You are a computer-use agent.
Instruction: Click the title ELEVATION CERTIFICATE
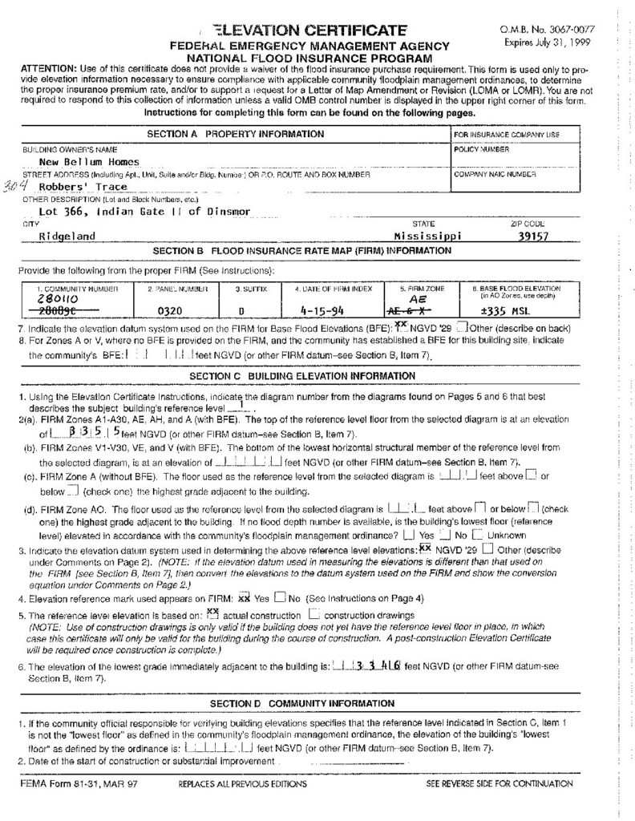pos(305,30)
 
